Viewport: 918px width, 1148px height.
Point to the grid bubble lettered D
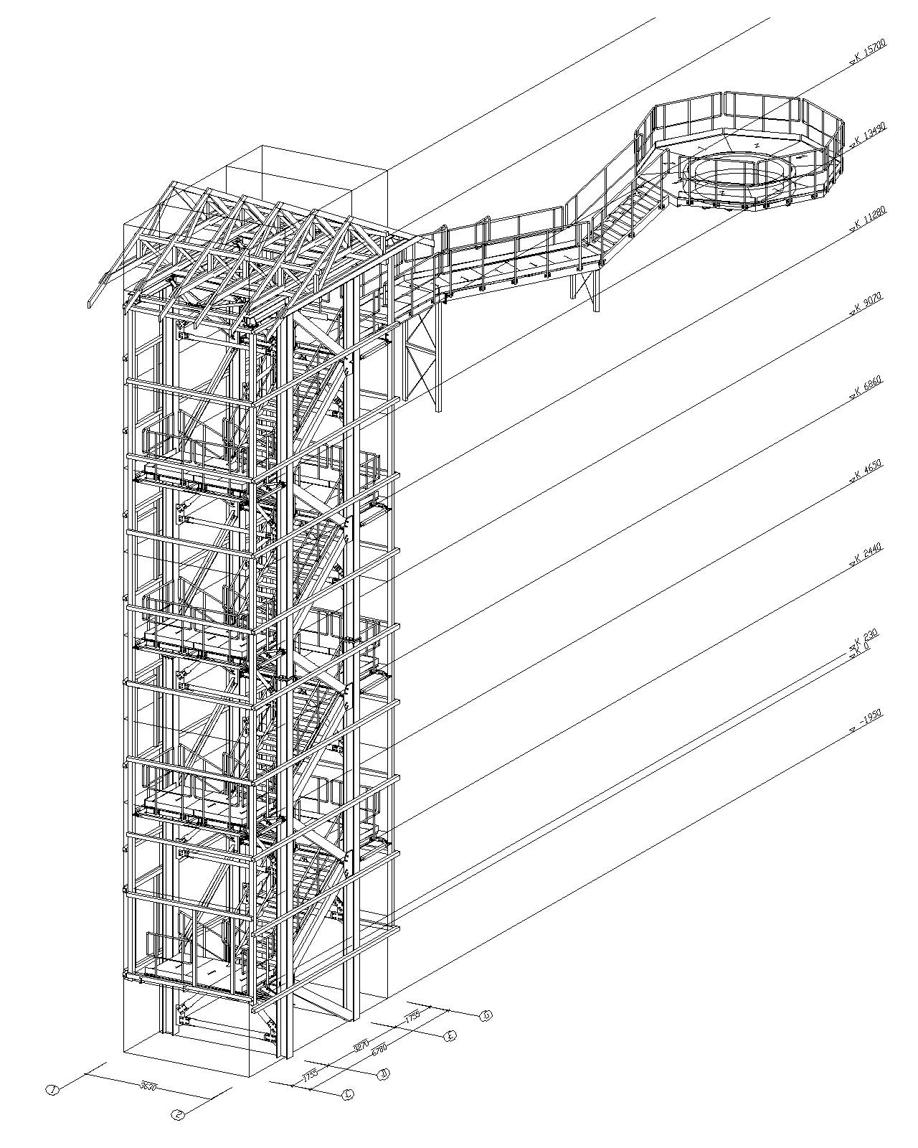[383, 1074]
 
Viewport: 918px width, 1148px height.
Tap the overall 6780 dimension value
[379, 1049]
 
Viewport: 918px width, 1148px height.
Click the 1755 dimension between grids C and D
[310, 1076]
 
